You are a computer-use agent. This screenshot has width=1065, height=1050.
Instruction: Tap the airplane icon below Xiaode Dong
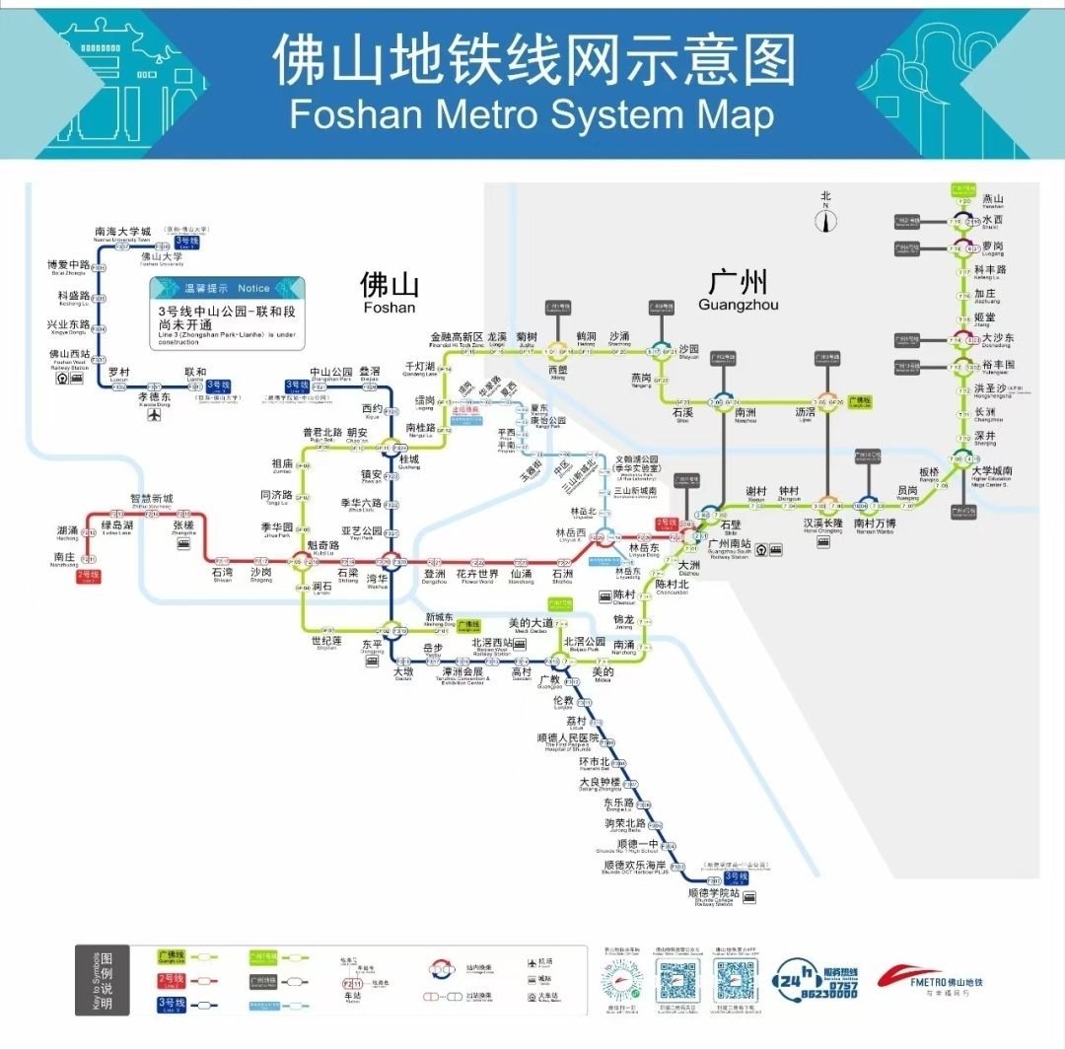154,415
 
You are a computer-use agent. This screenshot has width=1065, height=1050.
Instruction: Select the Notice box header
227,288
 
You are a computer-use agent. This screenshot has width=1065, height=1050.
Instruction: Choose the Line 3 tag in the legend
173,1004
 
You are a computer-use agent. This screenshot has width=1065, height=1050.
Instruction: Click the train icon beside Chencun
603,596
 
